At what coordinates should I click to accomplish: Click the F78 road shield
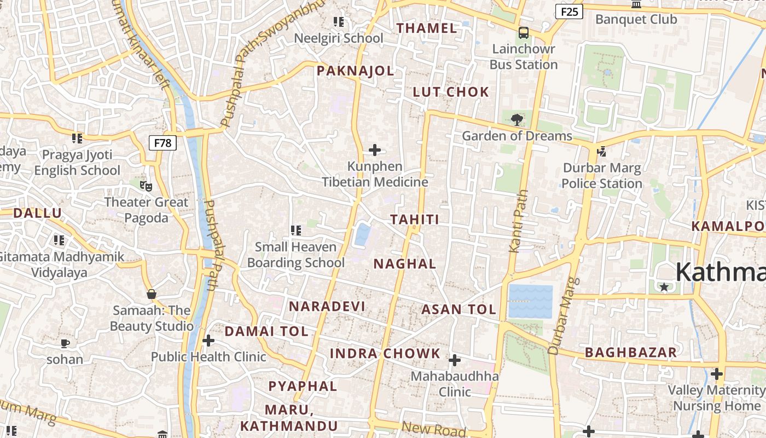pos(163,143)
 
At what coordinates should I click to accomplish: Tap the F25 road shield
pos(569,11)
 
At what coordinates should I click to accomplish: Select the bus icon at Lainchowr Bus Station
pos(524,33)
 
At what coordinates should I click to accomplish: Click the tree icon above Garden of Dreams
pos(517,119)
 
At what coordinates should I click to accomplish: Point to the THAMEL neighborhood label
pos(426,28)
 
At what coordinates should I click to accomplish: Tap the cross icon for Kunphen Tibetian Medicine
pos(375,150)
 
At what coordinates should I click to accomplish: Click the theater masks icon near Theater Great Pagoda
pos(146,186)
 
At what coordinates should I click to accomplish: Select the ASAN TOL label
pos(459,309)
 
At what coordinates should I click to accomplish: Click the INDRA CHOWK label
pos(385,353)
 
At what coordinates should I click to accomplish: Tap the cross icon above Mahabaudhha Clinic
pos(454,360)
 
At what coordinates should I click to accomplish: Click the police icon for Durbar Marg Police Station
pos(602,151)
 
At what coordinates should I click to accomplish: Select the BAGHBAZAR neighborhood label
pos(631,352)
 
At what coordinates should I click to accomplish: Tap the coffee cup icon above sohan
pos(65,344)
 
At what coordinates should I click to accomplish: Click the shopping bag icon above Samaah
pos(152,295)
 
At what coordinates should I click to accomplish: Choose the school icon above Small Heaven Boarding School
pos(296,230)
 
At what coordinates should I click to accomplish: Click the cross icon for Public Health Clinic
pos(208,341)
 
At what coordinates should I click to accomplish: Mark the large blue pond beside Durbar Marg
pos(530,301)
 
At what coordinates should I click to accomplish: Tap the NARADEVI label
pos(327,306)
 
